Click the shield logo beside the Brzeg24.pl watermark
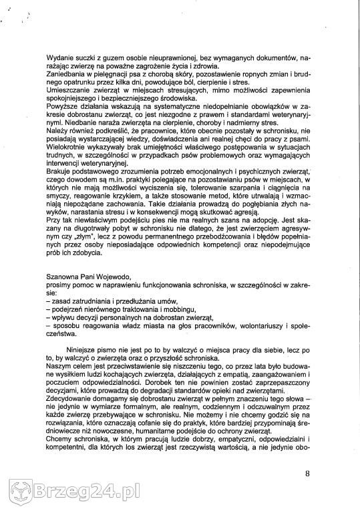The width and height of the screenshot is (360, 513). point(15,494)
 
